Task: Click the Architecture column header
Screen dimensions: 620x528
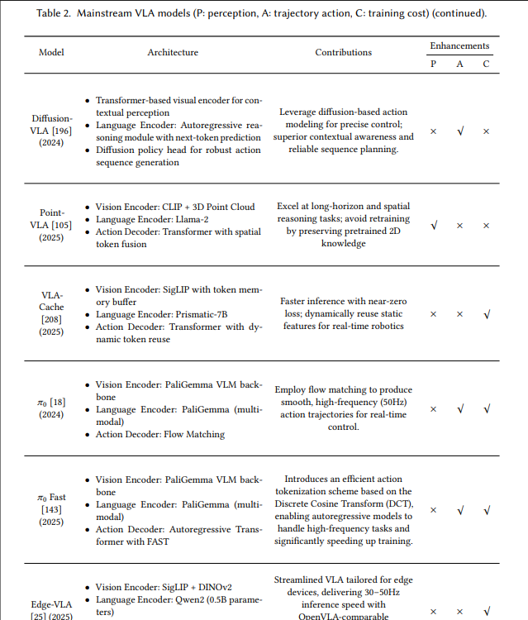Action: [173, 52]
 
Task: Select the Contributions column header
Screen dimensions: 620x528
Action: [343, 52]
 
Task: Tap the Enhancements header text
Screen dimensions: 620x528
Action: [459, 45]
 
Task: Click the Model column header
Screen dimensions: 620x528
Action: [51, 52]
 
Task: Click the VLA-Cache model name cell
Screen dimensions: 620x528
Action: [52, 313]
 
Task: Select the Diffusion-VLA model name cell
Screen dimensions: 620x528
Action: [52, 131]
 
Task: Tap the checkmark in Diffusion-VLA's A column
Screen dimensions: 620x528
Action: [460, 131]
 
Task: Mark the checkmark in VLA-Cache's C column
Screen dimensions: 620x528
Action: [487, 314]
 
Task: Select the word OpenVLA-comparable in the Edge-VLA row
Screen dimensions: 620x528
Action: [343, 616]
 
